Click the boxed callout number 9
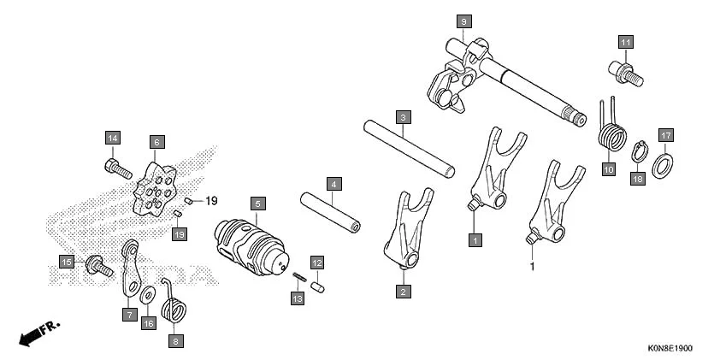[463, 20]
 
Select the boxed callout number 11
[625, 42]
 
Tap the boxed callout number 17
[665, 134]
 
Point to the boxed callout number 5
[256, 204]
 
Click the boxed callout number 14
[114, 138]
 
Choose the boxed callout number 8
[177, 340]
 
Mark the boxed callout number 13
[298, 298]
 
